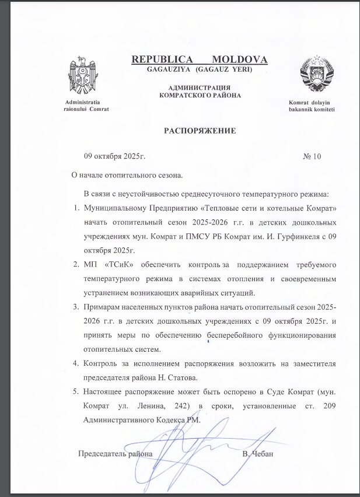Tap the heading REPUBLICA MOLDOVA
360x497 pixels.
tap(200, 60)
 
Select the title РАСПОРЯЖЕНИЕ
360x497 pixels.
tap(200, 131)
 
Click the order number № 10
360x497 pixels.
tap(312, 156)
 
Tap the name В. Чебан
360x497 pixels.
tap(257, 453)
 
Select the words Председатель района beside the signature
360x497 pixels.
tap(116, 453)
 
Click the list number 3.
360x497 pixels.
tap(75, 307)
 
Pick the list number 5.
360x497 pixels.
tap(75, 391)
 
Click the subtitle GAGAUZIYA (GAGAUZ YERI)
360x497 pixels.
tap(200, 70)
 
